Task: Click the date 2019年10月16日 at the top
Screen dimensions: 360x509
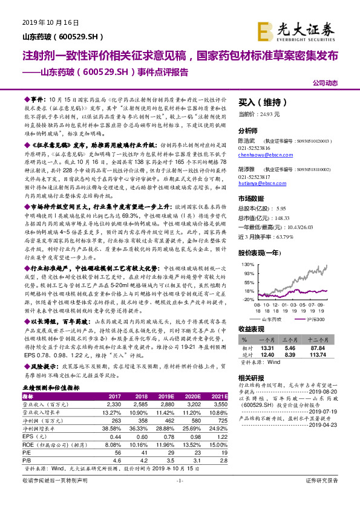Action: [51, 22]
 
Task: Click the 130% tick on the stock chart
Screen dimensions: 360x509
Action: [247, 264]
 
